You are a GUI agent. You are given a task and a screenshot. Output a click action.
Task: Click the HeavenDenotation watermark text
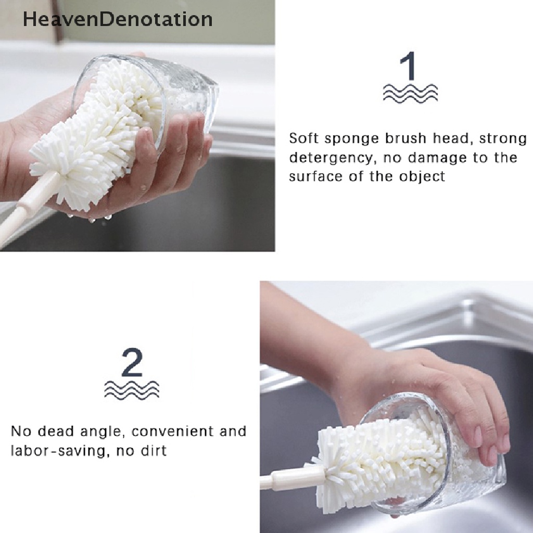[118, 19]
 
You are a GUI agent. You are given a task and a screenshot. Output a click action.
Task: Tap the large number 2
[132, 362]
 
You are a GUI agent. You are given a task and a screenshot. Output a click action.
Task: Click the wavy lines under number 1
[410, 93]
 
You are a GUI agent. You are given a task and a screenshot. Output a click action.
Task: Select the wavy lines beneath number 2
[132, 389]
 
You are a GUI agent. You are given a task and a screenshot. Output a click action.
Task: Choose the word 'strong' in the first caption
[503, 138]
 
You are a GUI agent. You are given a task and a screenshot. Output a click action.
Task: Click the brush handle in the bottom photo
[291, 478]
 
